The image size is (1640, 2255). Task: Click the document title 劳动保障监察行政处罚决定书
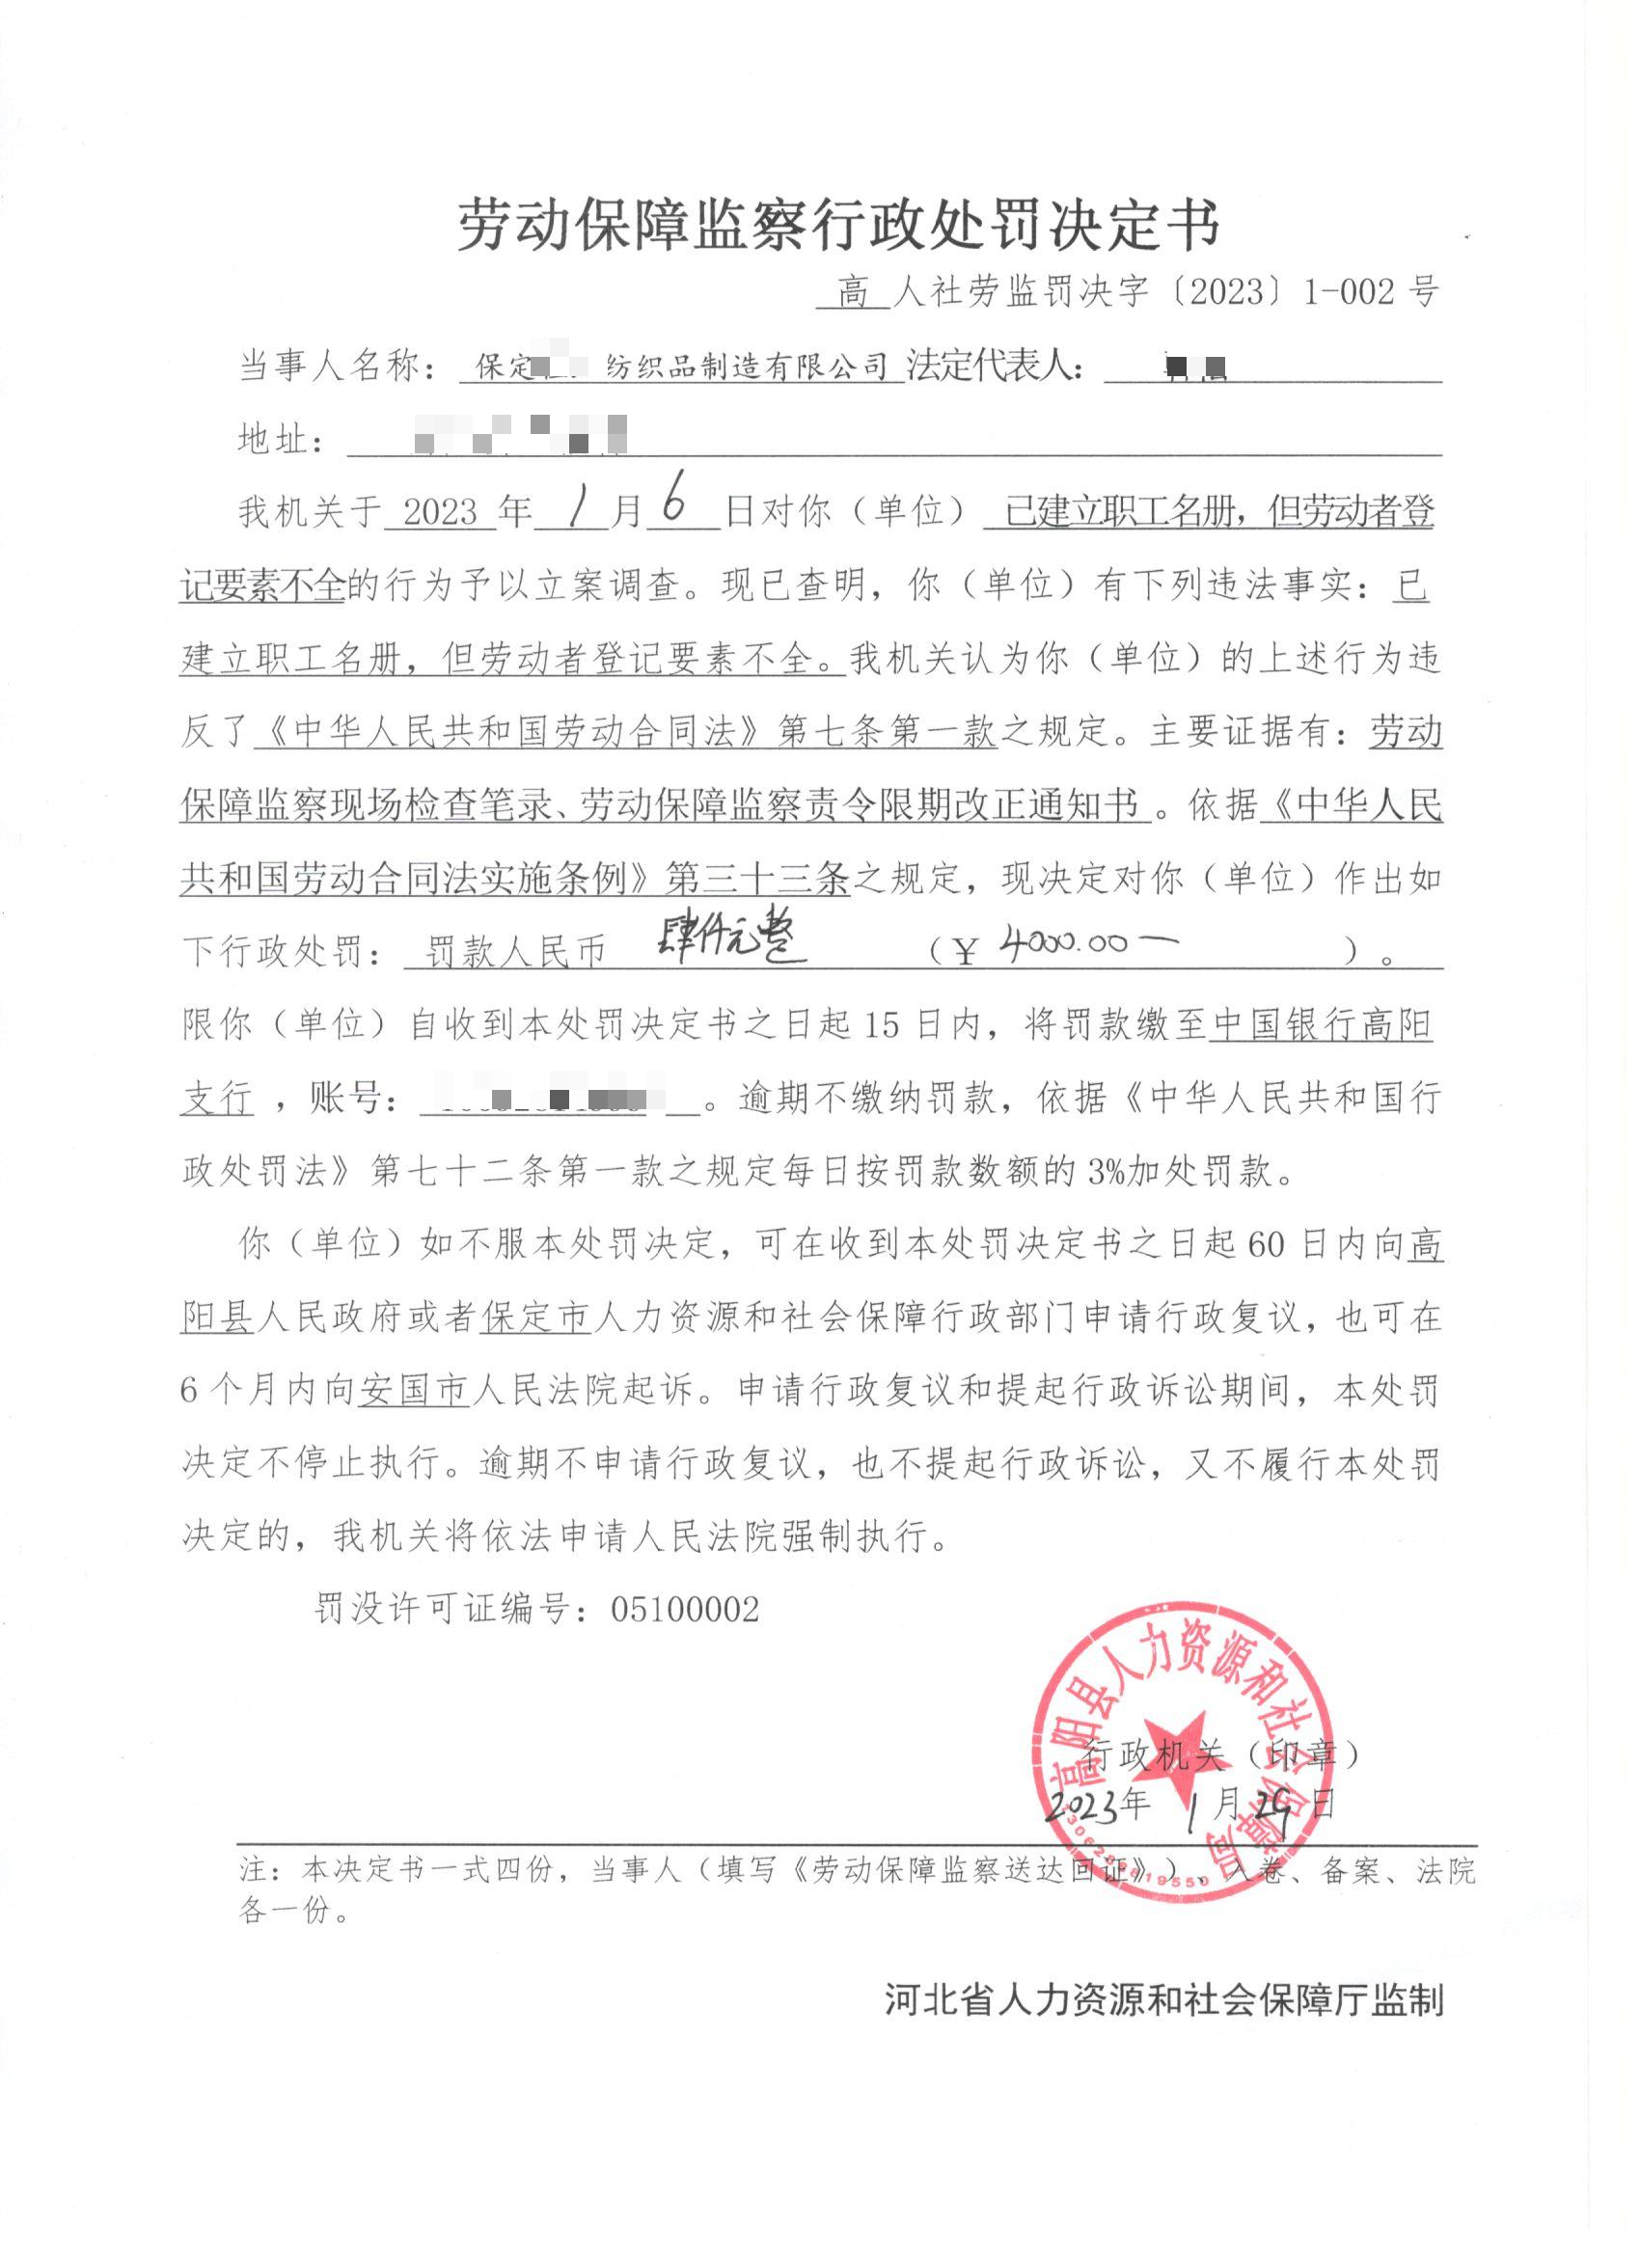click(838, 225)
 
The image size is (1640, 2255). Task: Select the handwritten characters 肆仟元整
click(732, 939)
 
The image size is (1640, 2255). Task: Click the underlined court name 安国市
click(414, 1389)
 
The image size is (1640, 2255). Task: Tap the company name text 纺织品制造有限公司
click(748, 367)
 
